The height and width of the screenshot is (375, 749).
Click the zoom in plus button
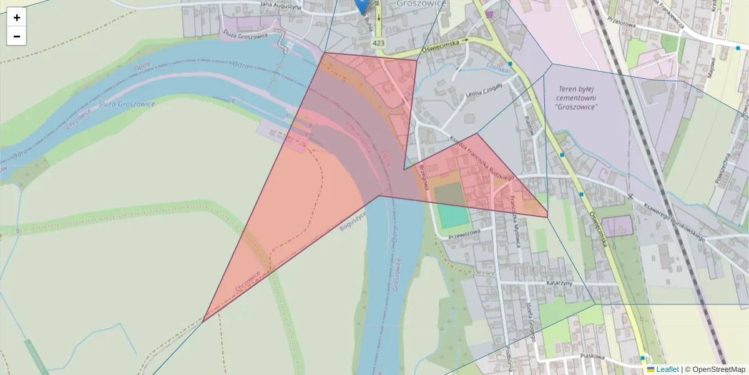point(17,17)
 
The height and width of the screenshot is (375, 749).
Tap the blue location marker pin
point(361,6)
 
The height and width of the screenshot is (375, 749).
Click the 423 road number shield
point(378,43)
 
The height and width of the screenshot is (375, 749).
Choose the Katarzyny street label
point(561,282)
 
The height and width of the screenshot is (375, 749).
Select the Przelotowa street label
point(634,19)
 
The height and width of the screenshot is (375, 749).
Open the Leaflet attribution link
point(667,369)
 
